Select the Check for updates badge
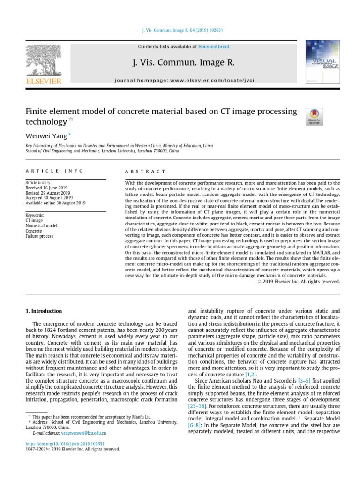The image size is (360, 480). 314,116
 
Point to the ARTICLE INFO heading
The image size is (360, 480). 54,171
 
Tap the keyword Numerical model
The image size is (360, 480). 41,225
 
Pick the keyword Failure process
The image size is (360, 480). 39,236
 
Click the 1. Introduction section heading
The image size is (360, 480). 43,311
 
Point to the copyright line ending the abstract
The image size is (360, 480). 299,281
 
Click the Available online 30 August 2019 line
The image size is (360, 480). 55,203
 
